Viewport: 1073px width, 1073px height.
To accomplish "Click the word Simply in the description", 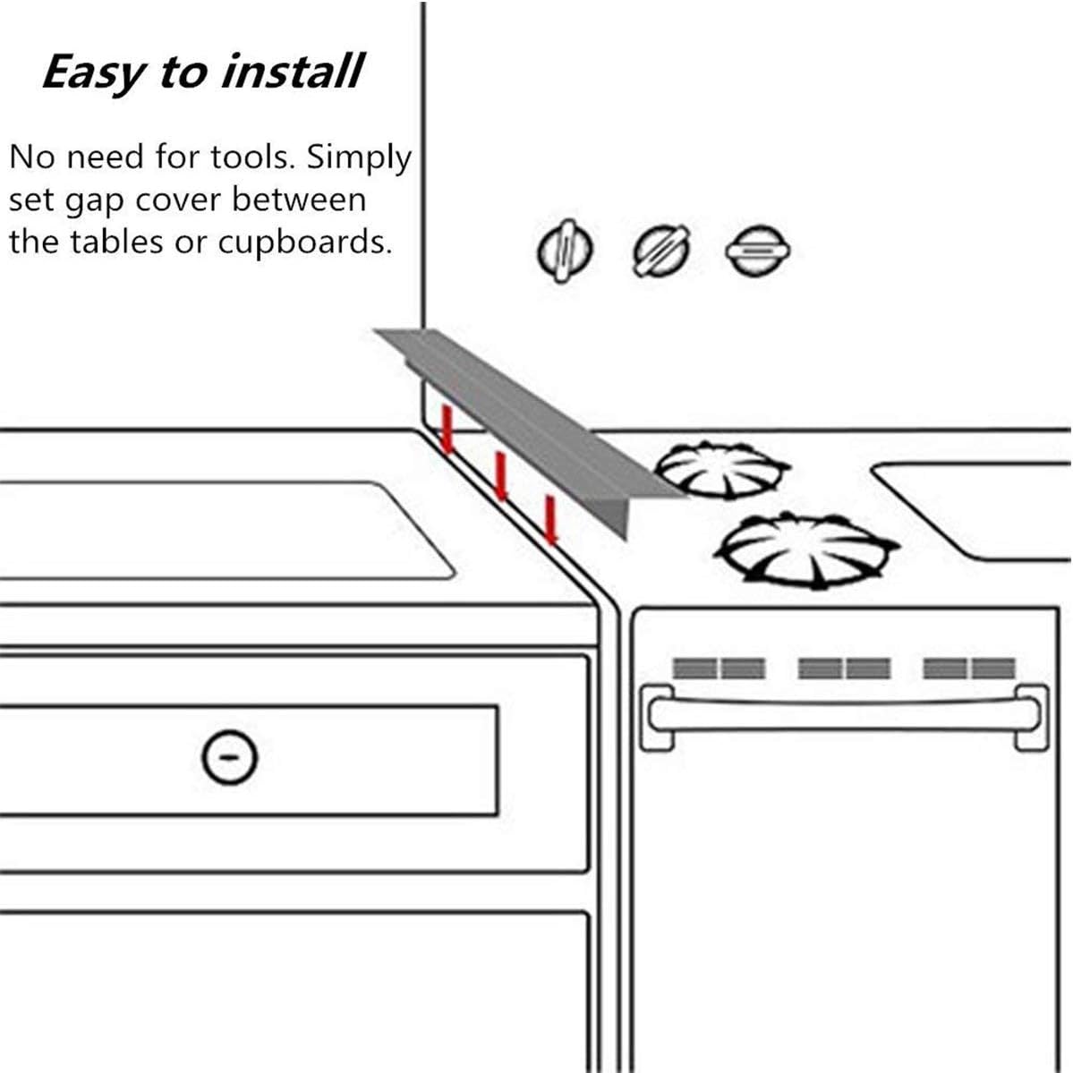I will click(x=359, y=158).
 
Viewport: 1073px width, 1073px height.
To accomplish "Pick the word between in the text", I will click(x=300, y=199).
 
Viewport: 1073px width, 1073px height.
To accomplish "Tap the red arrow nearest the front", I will click(x=551, y=520).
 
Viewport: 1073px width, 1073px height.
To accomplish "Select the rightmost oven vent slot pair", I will click(x=969, y=668).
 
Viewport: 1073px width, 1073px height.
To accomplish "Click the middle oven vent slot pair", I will click(x=844, y=668).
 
